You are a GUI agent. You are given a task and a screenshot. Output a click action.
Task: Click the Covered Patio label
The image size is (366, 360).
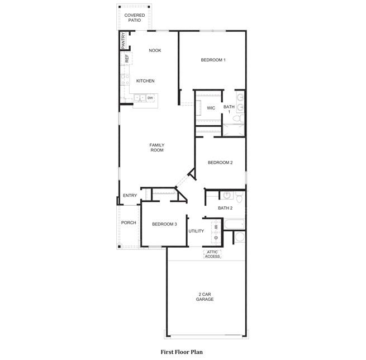click(x=135, y=18)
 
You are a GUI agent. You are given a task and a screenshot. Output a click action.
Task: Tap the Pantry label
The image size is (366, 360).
click(x=123, y=40)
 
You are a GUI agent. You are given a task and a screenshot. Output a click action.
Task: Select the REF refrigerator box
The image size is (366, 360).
click(x=126, y=58)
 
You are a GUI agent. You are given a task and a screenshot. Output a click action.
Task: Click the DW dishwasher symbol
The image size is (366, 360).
click(x=150, y=98)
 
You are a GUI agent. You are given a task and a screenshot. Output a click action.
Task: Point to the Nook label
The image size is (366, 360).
click(x=155, y=50)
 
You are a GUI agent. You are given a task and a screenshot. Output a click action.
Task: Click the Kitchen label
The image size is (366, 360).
click(x=145, y=81)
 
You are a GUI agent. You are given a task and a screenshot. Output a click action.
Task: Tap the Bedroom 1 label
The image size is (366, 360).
click(x=213, y=60)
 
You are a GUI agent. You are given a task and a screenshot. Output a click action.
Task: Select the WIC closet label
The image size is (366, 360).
click(x=211, y=108)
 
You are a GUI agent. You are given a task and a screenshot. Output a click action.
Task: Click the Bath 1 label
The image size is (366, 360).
click(x=229, y=109)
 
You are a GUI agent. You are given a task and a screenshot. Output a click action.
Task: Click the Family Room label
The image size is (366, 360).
click(x=157, y=148)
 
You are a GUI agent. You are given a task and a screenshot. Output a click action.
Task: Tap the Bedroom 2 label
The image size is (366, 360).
click(x=220, y=163)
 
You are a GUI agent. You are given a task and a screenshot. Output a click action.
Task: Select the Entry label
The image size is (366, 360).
click(x=130, y=196)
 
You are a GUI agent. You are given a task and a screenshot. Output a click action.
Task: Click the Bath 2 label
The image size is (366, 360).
click(x=225, y=208)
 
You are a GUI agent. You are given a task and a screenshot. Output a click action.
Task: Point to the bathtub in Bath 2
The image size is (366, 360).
click(x=234, y=224)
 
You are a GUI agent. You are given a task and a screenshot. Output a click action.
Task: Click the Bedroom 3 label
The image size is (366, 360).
click(x=164, y=224)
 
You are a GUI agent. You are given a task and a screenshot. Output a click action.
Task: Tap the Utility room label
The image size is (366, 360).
click(x=196, y=231)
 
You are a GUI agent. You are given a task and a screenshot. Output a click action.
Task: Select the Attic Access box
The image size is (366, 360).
click(x=212, y=254)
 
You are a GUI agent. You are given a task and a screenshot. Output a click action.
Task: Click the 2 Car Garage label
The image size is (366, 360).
click(x=205, y=297)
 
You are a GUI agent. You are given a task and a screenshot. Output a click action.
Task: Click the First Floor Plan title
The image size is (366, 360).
click(x=182, y=352)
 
